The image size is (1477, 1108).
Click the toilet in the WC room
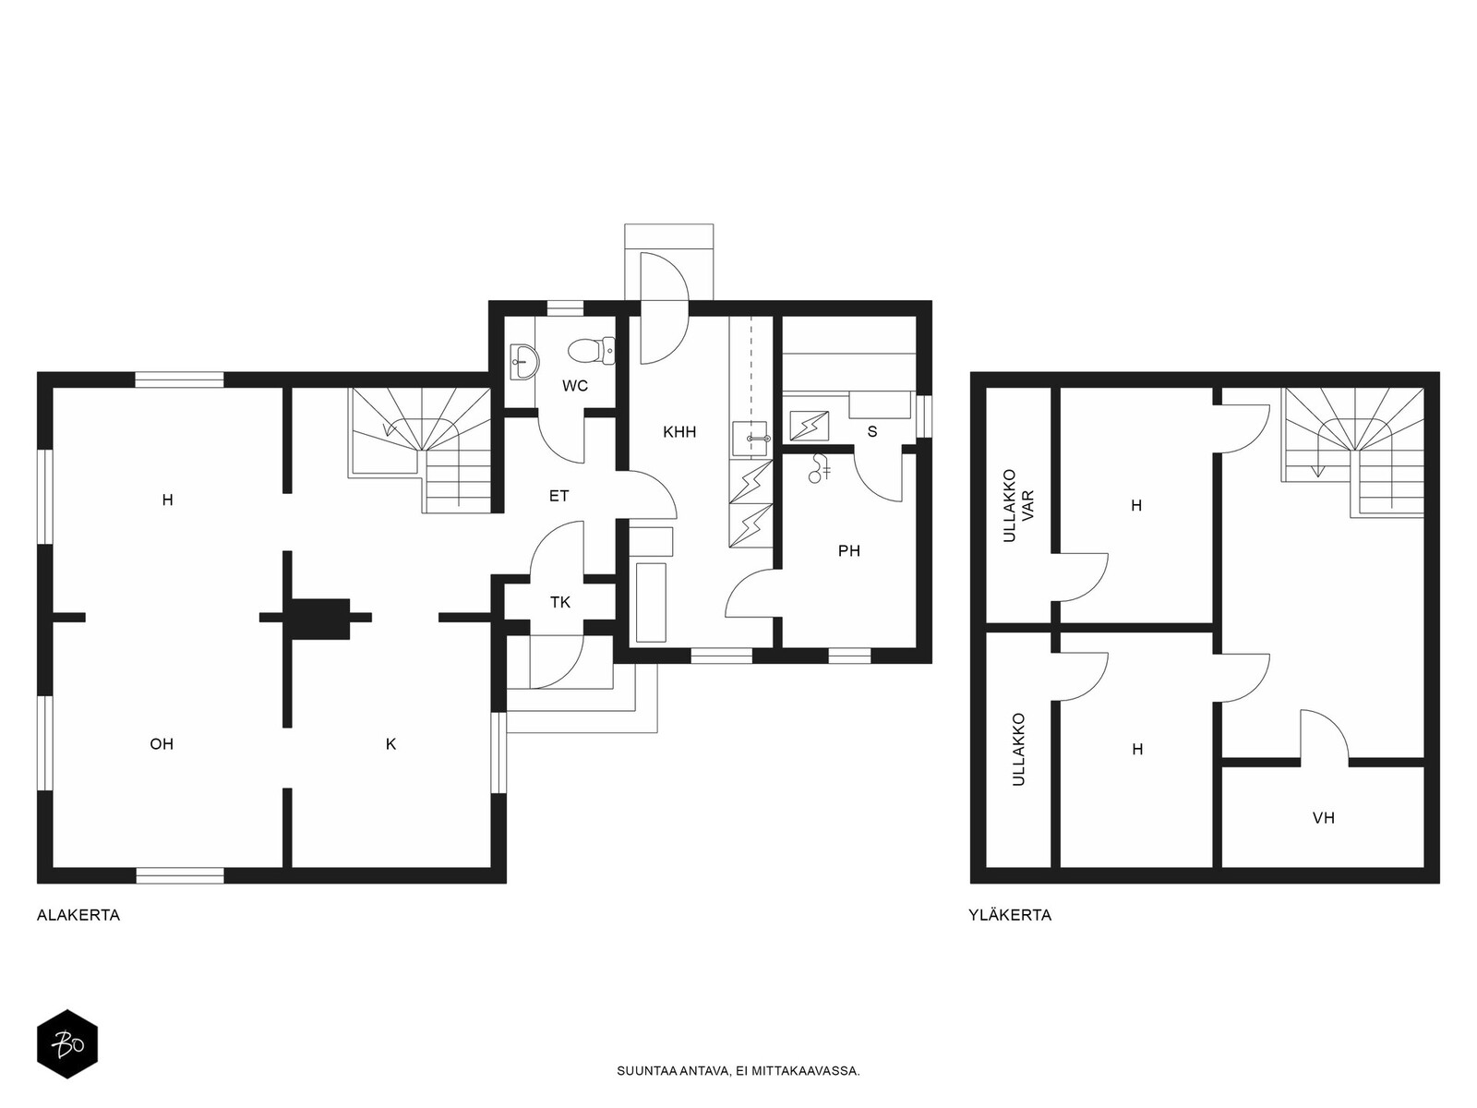pyautogui.click(x=592, y=351)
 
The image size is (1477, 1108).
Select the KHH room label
pyautogui.click(x=679, y=432)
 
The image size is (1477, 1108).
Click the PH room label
pyautogui.click(x=849, y=551)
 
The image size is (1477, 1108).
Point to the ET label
pyautogui.click(x=559, y=496)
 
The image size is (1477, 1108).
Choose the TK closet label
pyautogui.click(x=560, y=602)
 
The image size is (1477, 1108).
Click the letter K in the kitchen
pyautogui.click(x=391, y=744)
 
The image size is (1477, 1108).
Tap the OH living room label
pyautogui.click(x=162, y=744)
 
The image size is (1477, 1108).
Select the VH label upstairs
pyautogui.click(x=1324, y=818)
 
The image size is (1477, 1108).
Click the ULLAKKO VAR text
pyautogui.click(x=1018, y=506)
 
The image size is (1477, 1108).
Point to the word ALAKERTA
pyautogui.click(x=78, y=915)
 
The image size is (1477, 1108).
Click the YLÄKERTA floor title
pyautogui.click(x=1010, y=915)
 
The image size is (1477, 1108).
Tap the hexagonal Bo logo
pyautogui.click(x=67, y=1044)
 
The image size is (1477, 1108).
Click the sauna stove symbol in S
pyautogui.click(x=809, y=426)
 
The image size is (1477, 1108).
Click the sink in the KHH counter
pyautogui.click(x=751, y=438)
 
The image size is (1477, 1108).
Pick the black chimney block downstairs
pyautogui.click(x=317, y=619)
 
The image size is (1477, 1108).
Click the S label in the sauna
pyautogui.click(x=872, y=432)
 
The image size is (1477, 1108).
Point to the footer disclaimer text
pyautogui.click(x=738, y=1071)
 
